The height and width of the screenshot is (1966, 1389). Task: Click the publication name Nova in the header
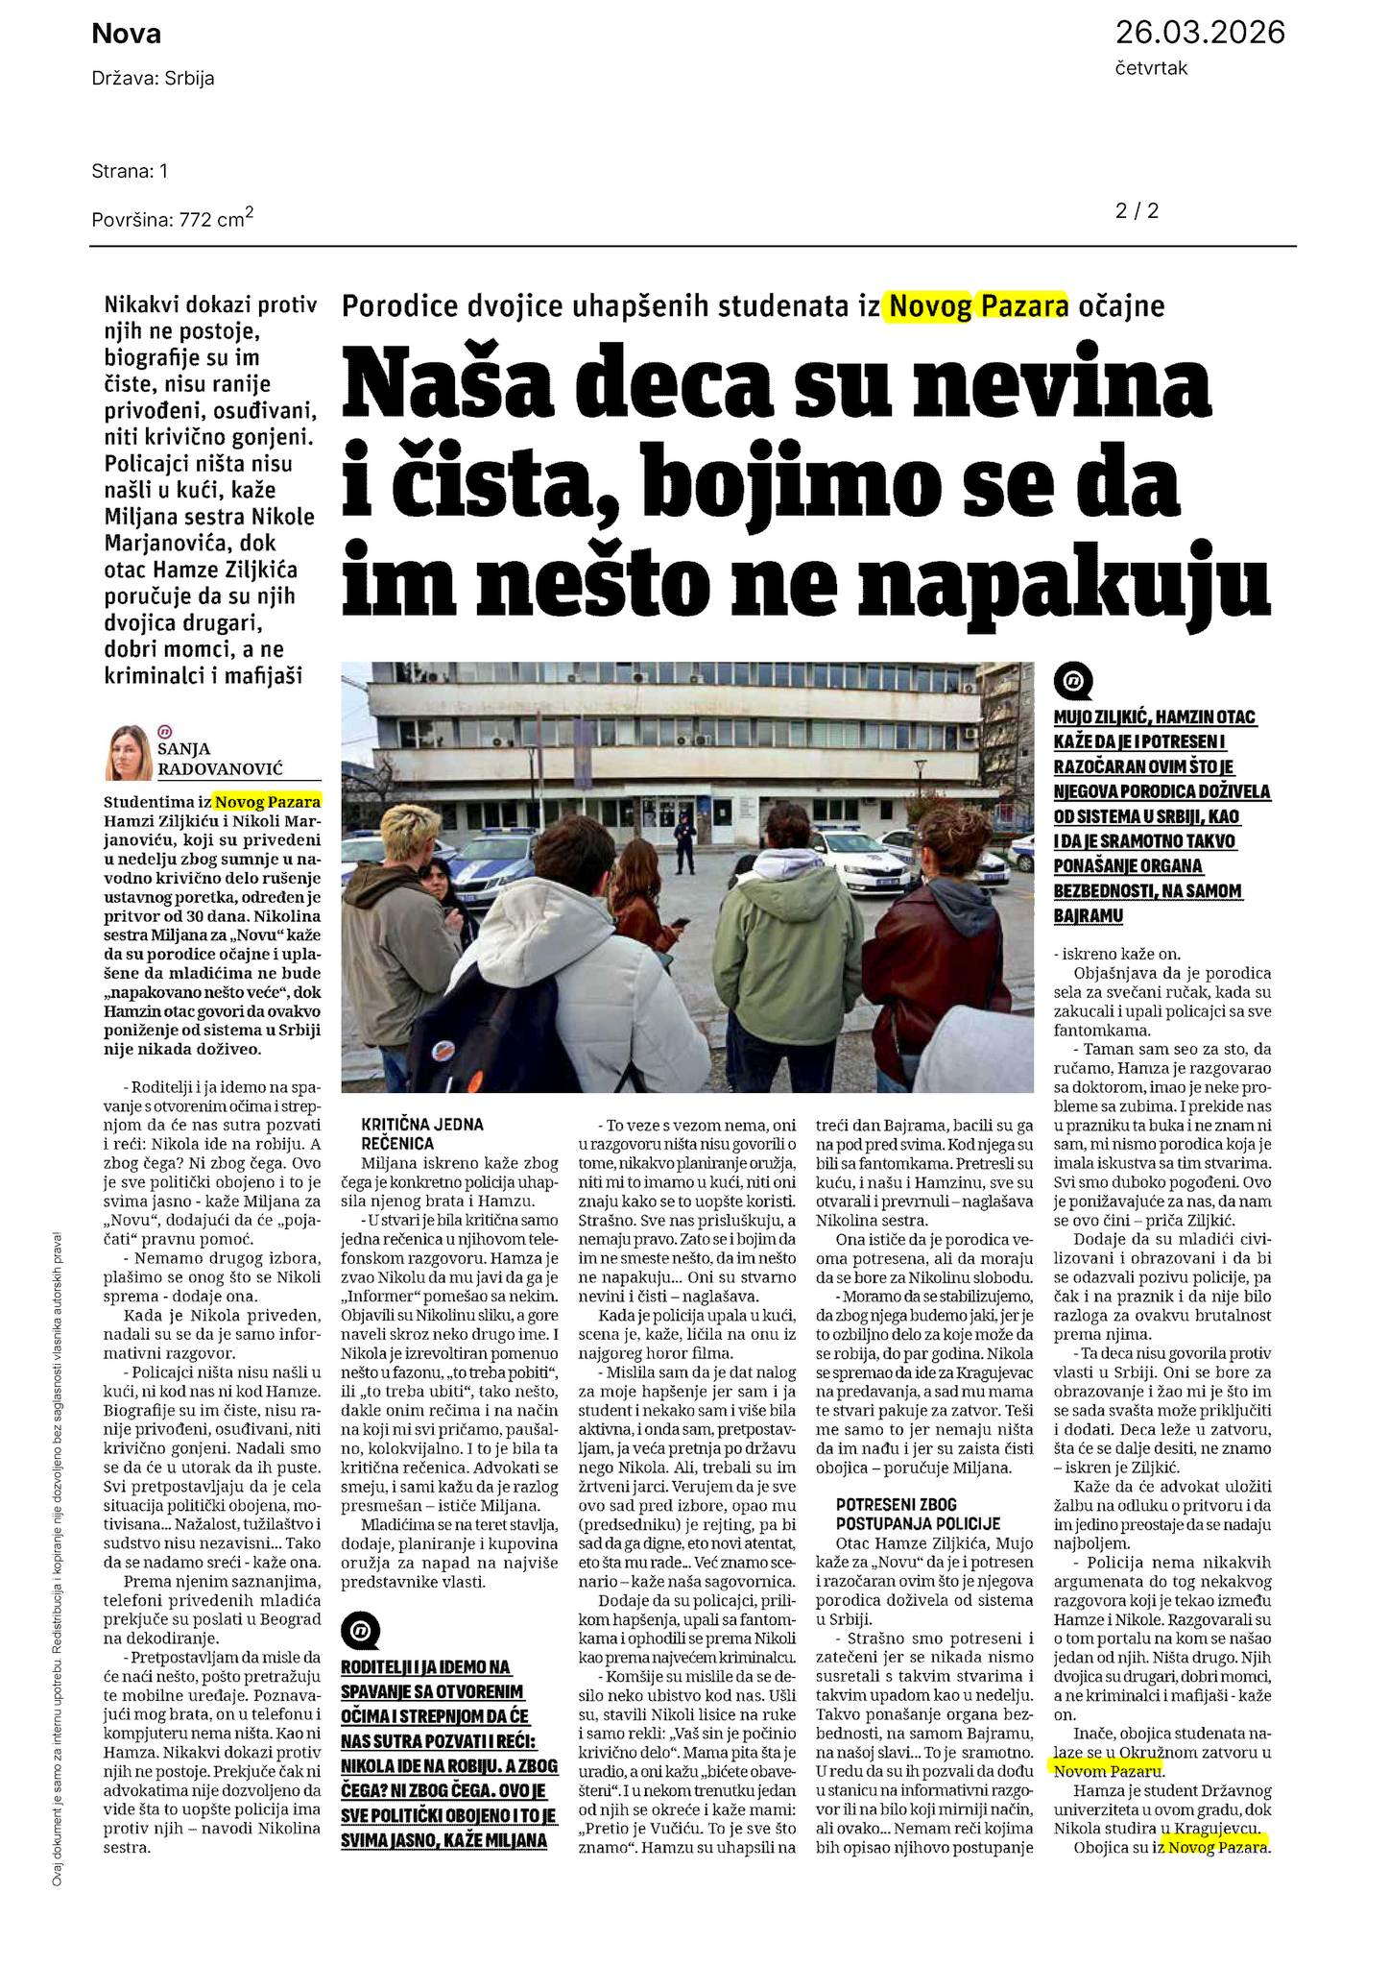coord(126,35)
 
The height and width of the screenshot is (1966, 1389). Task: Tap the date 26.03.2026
coord(1199,33)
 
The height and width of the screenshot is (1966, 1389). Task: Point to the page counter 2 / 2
coord(1137,210)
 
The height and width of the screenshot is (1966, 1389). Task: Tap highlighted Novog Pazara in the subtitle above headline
coord(978,306)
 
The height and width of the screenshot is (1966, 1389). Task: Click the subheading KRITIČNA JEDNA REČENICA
coord(409,1133)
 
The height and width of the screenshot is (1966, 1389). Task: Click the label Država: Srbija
coord(153,79)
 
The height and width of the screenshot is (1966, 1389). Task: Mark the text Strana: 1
coord(130,171)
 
